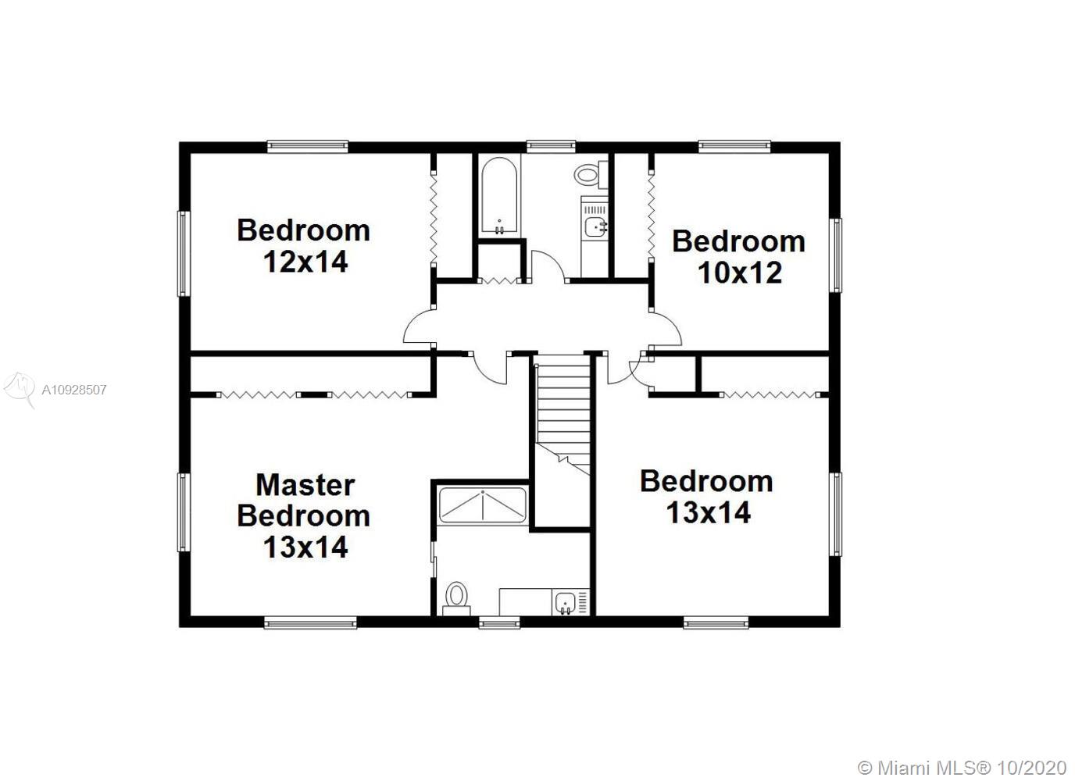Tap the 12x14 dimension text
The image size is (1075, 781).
tap(305, 262)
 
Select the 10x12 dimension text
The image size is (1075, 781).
tap(740, 273)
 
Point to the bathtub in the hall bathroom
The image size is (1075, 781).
tap(499, 196)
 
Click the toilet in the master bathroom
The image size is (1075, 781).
tap(456, 597)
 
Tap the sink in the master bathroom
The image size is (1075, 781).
tap(566, 603)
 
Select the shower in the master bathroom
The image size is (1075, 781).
tap(483, 506)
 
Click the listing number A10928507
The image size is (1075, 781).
tap(74, 390)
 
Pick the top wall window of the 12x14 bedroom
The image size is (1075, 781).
tap(308, 146)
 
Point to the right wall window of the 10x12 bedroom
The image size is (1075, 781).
tap(835, 255)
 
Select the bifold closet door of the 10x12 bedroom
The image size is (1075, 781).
tap(652, 216)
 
